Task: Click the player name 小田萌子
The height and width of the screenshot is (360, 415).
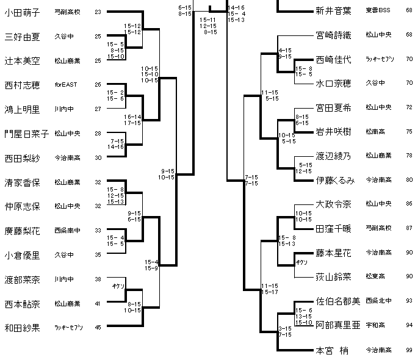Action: (23, 12)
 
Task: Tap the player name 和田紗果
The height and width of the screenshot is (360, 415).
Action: (23, 326)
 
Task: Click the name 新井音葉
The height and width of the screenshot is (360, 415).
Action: (333, 10)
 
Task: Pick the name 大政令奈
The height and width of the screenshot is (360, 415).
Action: (333, 204)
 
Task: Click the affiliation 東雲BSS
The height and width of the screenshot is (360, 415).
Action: (378, 10)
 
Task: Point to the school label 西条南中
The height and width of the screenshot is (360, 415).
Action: (66, 231)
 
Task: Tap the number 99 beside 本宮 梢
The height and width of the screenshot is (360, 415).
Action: (408, 350)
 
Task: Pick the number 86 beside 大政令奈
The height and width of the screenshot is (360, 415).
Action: (408, 204)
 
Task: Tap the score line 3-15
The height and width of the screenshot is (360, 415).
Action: (284, 328)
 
